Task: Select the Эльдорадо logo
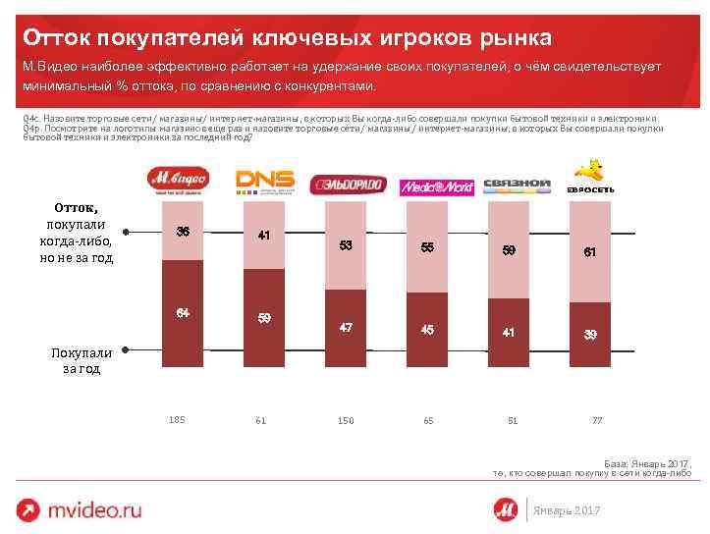(x=347, y=186)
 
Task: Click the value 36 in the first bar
(x=183, y=232)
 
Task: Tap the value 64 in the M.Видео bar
(x=183, y=312)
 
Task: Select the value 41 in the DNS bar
(x=264, y=236)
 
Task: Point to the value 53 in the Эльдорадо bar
(x=346, y=244)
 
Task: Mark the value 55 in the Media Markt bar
(x=427, y=247)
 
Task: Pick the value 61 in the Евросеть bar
(x=589, y=252)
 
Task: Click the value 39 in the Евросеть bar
(x=589, y=334)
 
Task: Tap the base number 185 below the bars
(x=177, y=419)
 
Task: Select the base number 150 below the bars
(x=345, y=420)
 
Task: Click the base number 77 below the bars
(x=596, y=420)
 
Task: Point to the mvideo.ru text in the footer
(x=97, y=509)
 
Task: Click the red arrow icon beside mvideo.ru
(x=30, y=509)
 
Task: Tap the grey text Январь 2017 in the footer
(x=568, y=510)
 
